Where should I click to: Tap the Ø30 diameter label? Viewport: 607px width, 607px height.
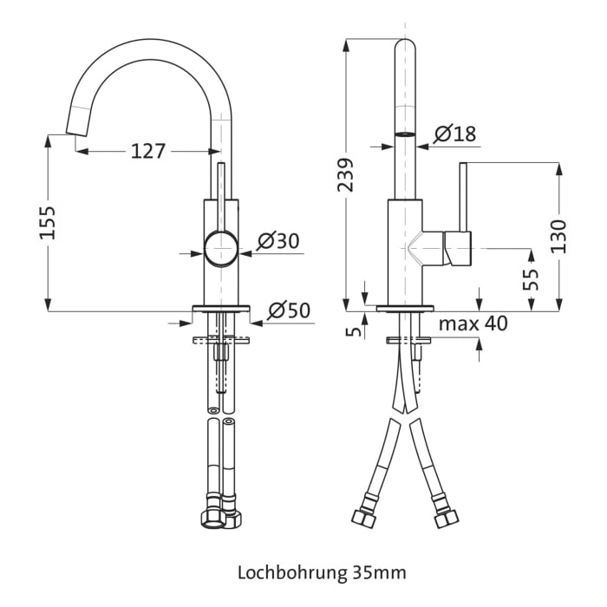(278, 241)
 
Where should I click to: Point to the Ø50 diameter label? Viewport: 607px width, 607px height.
(289, 310)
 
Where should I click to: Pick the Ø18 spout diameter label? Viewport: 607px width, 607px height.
(454, 134)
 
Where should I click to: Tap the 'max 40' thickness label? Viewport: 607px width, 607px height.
(473, 324)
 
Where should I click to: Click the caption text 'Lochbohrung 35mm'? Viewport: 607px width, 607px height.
(321, 572)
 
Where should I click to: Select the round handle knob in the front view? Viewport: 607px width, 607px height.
(220, 250)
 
